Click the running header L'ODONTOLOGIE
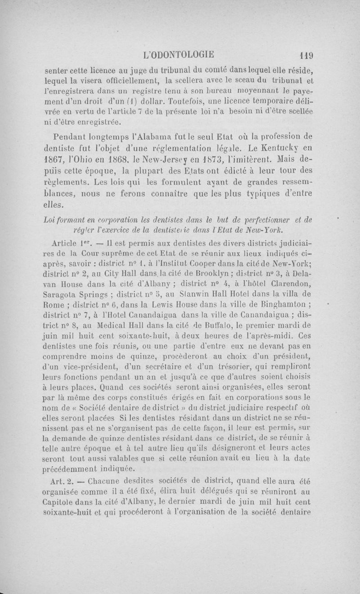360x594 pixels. tap(179, 56)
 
